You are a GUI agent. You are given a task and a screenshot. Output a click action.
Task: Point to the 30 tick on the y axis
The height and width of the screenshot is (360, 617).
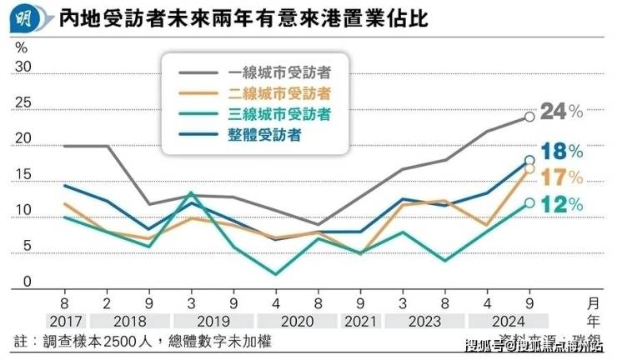(23, 67)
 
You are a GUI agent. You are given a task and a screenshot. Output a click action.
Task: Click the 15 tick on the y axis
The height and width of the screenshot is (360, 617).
(23, 175)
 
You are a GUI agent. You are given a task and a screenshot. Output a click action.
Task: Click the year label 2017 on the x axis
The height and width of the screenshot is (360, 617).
(64, 321)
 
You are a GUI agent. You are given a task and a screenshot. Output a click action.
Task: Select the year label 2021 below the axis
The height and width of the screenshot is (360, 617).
(361, 321)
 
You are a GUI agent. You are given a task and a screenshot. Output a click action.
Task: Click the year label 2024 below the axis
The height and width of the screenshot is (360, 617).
(507, 321)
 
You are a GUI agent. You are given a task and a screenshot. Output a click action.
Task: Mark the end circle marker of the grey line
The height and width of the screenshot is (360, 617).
(529, 117)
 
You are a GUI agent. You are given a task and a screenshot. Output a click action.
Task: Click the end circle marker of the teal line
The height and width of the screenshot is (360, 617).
(529, 202)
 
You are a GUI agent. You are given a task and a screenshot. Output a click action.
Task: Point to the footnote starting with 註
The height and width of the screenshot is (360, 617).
(142, 342)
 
